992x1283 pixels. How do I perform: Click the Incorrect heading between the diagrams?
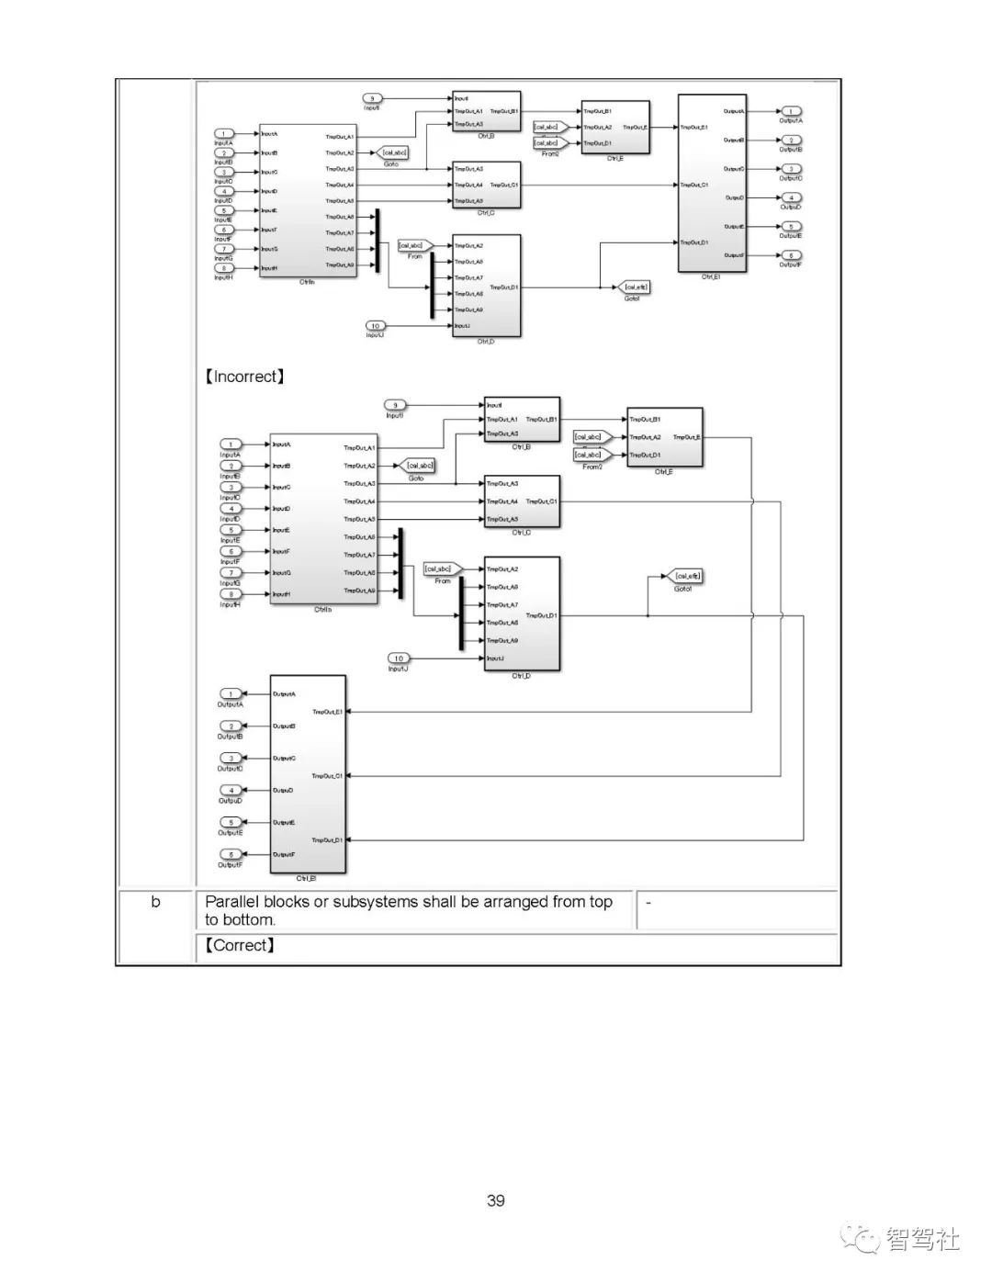pyautogui.click(x=244, y=377)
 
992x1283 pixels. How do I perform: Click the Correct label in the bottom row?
pyautogui.click(x=240, y=945)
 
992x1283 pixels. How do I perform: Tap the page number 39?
pyautogui.click(x=496, y=1200)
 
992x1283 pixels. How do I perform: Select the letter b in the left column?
pyautogui.click(x=155, y=902)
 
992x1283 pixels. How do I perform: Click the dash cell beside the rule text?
pyautogui.click(x=648, y=902)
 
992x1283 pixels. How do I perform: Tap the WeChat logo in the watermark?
pyautogui.click(x=862, y=1239)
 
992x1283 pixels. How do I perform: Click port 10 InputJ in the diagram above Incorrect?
pyautogui.click(x=376, y=326)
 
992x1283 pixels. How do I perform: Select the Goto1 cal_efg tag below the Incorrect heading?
pyautogui.click(x=685, y=577)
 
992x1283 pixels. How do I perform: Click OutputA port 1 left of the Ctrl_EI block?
pyautogui.click(x=231, y=694)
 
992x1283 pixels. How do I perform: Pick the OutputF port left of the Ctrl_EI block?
pyautogui.click(x=231, y=854)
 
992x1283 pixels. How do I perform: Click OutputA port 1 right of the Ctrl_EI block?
pyautogui.click(x=790, y=111)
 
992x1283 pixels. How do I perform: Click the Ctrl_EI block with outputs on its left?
pyautogui.click(x=308, y=774)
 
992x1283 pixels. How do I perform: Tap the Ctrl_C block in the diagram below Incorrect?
pyautogui.click(x=522, y=501)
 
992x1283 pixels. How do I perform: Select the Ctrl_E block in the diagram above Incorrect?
pyautogui.click(x=615, y=127)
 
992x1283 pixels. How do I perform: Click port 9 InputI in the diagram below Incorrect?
pyautogui.click(x=395, y=405)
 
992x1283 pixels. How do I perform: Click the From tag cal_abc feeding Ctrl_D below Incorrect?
pyautogui.click(x=442, y=569)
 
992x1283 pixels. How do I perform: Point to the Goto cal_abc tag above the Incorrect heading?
pyautogui.click(x=393, y=152)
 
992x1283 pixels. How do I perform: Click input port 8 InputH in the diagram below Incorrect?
pyautogui.click(x=231, y=594)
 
